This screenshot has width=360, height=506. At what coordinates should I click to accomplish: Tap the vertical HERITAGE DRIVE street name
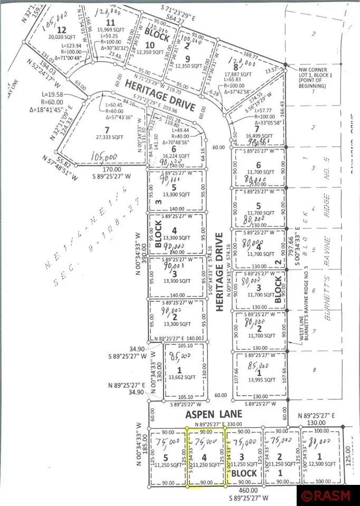(220, 272)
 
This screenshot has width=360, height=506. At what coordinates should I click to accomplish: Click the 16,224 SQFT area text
(174, 157)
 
